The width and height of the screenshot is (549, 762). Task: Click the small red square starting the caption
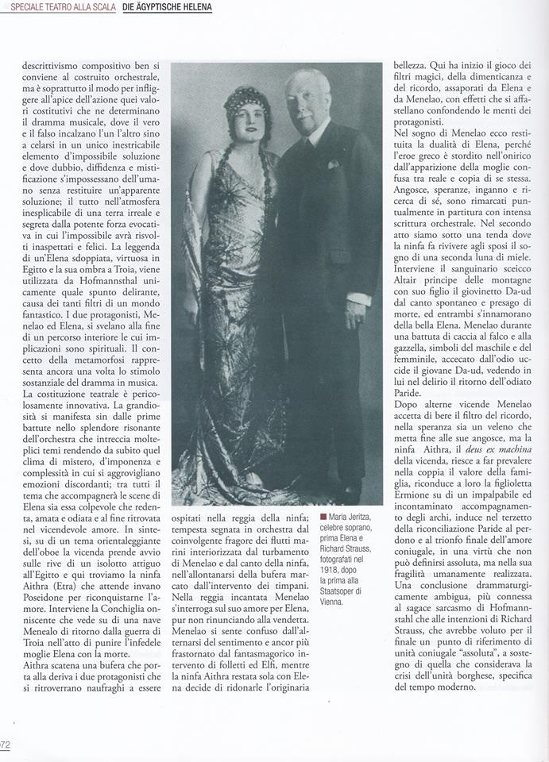(323, 517)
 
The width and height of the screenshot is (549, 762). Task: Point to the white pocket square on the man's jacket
(334, 164)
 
